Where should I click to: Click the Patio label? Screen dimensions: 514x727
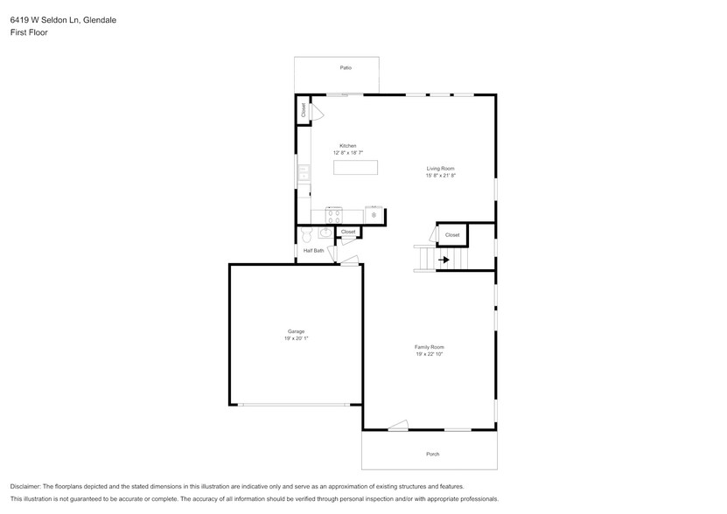346,67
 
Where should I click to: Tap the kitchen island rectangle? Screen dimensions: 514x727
354,167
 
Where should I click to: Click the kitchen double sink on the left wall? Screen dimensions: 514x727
304,173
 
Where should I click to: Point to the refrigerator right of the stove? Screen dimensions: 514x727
374,213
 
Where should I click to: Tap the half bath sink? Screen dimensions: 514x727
325,233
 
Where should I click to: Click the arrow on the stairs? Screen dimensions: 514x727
444,260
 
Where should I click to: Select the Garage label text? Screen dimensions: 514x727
296,331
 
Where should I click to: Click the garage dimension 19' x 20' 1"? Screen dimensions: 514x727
296,338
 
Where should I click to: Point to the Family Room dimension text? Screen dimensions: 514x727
430,354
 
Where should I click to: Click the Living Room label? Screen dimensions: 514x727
440,169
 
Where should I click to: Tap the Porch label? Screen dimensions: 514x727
432,454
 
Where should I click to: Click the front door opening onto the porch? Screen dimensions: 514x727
398,427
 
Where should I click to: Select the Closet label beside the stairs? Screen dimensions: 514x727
452,235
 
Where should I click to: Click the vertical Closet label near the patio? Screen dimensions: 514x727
304,110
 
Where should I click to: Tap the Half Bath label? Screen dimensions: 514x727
313,251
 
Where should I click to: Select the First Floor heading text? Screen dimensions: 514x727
29,32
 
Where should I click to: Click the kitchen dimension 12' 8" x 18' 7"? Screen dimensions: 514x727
347,153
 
